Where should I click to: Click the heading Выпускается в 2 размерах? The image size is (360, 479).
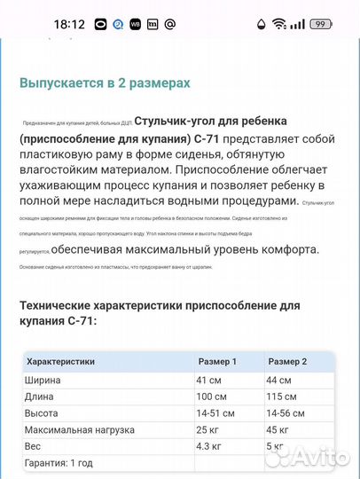pos(105,82)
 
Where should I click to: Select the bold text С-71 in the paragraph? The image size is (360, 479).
pos(206,139)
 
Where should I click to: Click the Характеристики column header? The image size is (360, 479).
pos(61,362)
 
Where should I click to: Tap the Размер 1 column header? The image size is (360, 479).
pos(216,362)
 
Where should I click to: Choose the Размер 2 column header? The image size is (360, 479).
pos(287,362)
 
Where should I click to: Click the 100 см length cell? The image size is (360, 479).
pos(213,397)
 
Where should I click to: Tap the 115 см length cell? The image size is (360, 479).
pos(284,397)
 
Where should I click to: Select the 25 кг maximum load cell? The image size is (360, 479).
pos(208,430)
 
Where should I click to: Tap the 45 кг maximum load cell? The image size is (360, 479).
pos(280,430)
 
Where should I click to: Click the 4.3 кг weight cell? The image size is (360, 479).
pos(210,446)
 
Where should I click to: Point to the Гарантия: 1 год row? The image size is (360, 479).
pos(60,463)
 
